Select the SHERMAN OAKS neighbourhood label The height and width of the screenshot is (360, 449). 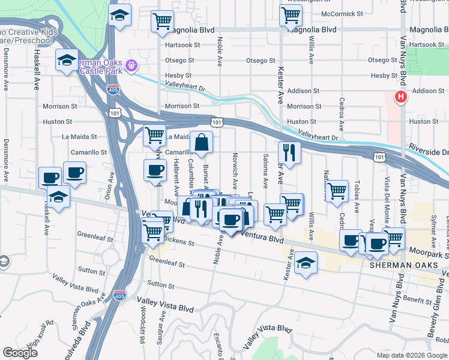(397, 265)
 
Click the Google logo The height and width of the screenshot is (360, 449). (20, 353)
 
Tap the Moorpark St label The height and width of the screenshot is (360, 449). (429, 253)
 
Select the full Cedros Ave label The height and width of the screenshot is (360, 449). (342, 115)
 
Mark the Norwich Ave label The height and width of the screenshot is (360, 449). (235, 169)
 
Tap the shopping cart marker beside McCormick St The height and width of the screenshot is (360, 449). (291, 15)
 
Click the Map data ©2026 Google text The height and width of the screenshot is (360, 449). (411, 355)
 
